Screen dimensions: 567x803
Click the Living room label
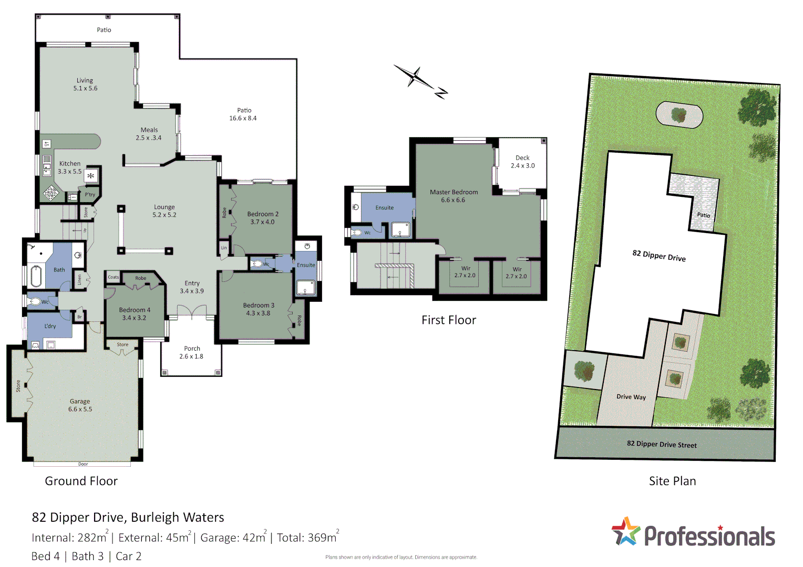click(85, 84)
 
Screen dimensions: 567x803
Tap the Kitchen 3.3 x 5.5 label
click(70, 167)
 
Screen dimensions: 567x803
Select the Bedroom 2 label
click(263, 218)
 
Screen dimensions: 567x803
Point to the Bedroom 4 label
click(135, 314)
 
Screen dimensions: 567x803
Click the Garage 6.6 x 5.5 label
click(80, 405)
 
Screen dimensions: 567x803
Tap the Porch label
click(192, 352)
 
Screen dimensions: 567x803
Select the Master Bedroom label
click(454, 196)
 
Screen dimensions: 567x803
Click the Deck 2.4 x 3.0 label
click(522, 162)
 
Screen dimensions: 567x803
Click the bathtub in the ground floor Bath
click(36, 276)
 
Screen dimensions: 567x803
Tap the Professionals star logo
click(626, 531)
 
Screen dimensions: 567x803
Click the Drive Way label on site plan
click(631, 397)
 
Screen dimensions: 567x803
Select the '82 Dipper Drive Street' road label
click(662, 444)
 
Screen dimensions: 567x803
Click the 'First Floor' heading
click(448, 320)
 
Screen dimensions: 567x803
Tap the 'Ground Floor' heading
click(81, 481)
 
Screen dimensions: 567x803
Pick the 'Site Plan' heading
click(672, 481)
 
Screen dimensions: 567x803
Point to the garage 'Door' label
click(83, 464)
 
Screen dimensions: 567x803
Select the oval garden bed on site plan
click(679, 114)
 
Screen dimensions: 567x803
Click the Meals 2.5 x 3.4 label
click(149, 134)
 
